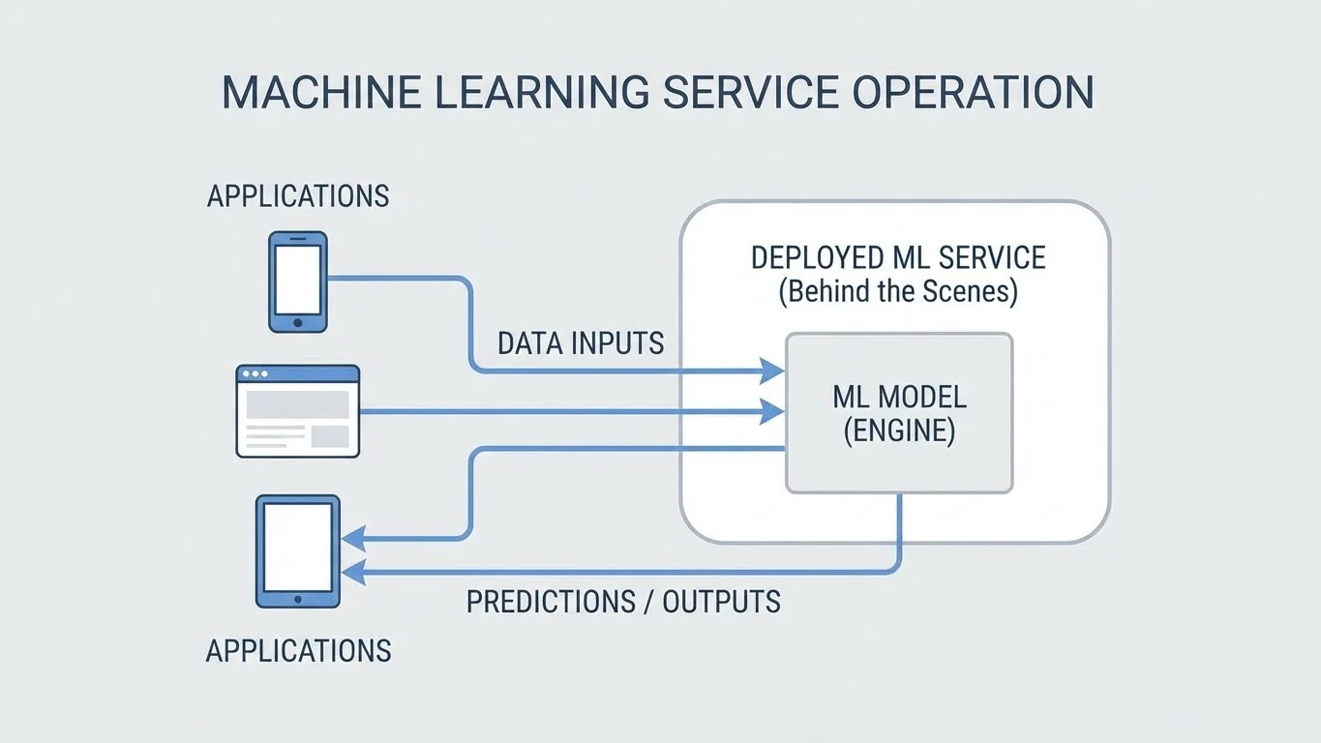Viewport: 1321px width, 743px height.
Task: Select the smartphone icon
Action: pos(297,282)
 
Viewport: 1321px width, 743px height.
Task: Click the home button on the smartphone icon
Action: pos(297,322)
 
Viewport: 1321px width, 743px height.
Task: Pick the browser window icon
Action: pos(297,410)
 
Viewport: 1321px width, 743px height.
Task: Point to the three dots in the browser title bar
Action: pos(256,373)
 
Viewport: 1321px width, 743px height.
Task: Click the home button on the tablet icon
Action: pos(297,598)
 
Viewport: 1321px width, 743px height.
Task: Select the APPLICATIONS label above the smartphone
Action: pos(297,196)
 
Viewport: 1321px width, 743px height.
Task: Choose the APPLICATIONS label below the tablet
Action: pos(297,650)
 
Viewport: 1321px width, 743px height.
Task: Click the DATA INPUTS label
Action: pos(581,342)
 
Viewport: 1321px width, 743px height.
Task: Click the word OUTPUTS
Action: pos(721,602)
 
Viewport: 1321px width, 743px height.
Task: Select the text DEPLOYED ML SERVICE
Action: pos(898,258)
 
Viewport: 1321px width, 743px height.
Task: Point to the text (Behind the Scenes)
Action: pos(898,291)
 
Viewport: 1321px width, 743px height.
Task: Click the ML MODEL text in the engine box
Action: pos(899,397)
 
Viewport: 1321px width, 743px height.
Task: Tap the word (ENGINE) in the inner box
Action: pos(899,431)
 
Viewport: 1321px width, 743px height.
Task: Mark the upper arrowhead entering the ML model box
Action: pos(771,371)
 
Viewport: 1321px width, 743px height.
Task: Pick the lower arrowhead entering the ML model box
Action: pos(771,412)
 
